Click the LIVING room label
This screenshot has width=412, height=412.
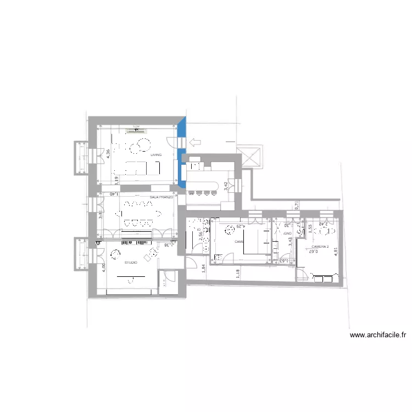(156, 155)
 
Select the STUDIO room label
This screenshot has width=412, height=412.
(131, 263)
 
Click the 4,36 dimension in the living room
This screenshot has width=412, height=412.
(109, 154)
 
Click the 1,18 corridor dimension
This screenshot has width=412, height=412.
(237, 273)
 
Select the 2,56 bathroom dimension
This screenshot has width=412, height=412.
(201, 236)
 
